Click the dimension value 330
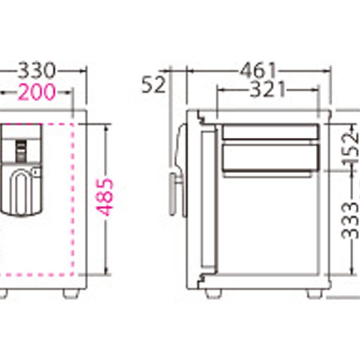(37, 71)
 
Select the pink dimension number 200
(37, 92)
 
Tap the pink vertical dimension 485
(105, 198)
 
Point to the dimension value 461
(258, 71)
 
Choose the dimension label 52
(153, 85)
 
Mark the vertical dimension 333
(350, 221)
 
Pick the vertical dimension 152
(351, 148)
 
